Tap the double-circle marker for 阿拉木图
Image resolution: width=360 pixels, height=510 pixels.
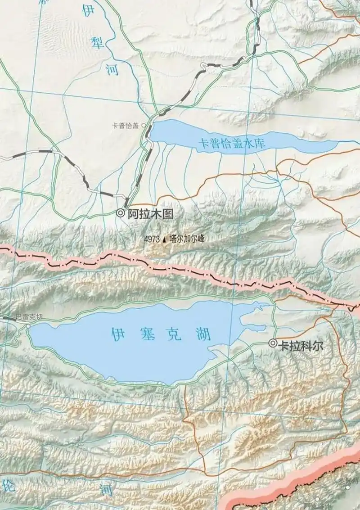120,213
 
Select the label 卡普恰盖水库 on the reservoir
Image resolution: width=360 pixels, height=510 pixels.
233,144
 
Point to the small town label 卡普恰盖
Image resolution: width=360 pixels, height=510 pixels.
126,126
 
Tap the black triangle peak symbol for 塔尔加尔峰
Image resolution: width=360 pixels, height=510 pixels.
164,240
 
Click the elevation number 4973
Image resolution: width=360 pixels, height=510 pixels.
152,239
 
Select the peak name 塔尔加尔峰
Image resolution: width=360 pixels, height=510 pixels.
186,239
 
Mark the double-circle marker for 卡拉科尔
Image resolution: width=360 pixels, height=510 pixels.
273,343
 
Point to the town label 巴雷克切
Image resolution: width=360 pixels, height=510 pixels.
29,317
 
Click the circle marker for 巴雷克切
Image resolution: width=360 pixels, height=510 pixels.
28,325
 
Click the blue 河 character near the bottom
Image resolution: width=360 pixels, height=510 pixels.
106,490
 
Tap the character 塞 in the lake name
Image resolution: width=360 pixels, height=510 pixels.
146,334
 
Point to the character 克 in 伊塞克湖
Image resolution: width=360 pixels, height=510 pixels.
174,334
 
